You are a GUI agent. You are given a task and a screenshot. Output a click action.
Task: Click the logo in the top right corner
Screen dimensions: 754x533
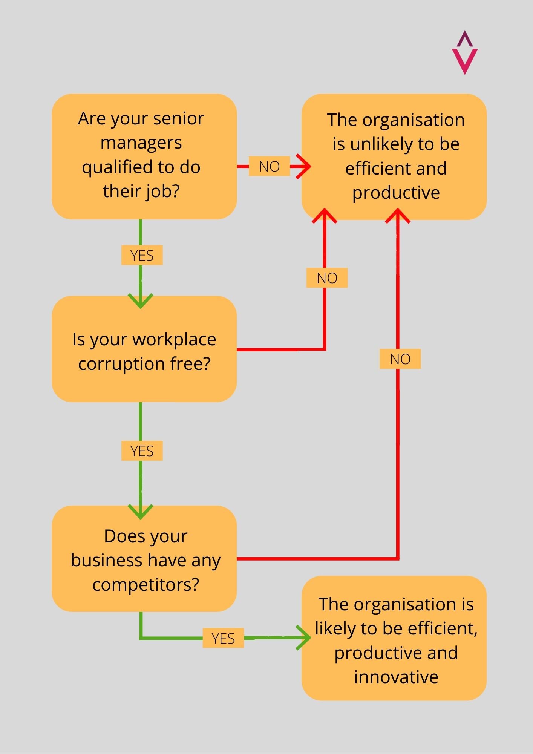pyautogui.click(x=464, y=53)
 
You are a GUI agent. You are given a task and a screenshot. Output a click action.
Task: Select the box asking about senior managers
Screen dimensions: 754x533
pyautogui.click(x=144, y=156)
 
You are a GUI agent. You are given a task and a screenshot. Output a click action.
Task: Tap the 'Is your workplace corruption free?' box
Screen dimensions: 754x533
pyautogui.click(x=144, y=349)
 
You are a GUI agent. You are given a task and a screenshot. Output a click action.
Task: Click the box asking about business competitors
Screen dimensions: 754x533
pyautogui.click(x=144, y=558)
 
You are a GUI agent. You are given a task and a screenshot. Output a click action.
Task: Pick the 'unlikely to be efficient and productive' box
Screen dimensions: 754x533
pyautogui.click(x=394, y=156)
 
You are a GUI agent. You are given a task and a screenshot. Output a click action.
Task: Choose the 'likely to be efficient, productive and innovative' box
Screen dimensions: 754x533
pyautogui.click(x=394, y=638)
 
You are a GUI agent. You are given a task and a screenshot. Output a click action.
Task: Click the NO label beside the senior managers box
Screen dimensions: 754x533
pyautogui.click(x=269, y=166)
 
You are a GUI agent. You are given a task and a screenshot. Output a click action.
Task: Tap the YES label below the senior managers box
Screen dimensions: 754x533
pyautogui.click(x=142, y=255)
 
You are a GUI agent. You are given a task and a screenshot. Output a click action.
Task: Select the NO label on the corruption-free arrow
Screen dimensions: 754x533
pyautogui.click(x=327, y=278)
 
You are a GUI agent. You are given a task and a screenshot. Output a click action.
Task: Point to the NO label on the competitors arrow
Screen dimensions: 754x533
pyautogui.click(x=400, y=359)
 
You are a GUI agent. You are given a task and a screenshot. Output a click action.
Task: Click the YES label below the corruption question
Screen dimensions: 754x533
pyautogui.click(x=142, y=451)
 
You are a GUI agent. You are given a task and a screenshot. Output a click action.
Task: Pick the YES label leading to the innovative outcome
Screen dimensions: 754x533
pyautogui.click(x=223, y=638)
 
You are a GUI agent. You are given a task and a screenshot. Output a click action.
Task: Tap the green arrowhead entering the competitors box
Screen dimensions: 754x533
pyautogui.click(x=141, y=512)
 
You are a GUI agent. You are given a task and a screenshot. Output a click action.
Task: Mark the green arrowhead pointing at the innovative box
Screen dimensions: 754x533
pyautogui.click(x=304, y=638)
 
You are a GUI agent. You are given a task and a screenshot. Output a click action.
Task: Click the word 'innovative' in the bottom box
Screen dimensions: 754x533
pyautogui.click(x=396, y=677)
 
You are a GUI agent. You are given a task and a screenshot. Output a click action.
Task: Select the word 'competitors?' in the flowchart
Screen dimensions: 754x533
pyautogui.click(x=146, y=584)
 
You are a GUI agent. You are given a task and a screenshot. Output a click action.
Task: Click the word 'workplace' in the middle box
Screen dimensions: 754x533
pyautogui.click(x=174, y=339)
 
